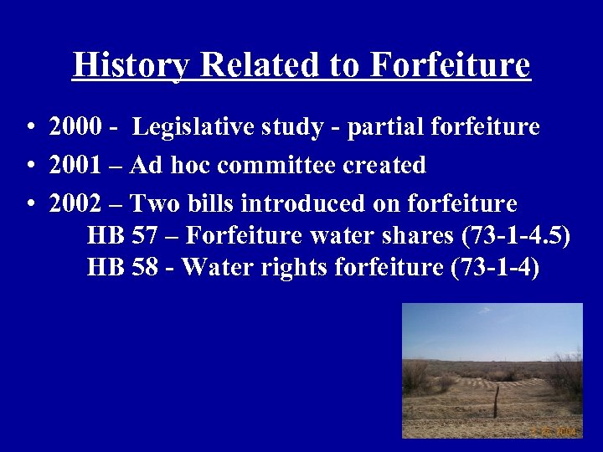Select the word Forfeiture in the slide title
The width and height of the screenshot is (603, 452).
click(450, 65)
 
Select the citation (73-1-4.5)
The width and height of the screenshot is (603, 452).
click(516, 236)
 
